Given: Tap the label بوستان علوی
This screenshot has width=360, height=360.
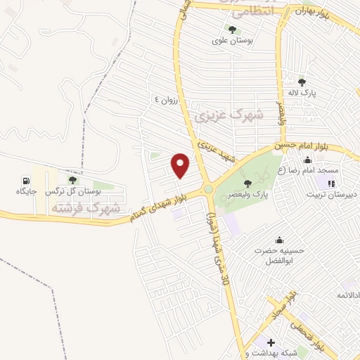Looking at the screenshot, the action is tap(232, 41).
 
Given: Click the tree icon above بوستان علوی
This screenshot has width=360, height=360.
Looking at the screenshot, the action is tap(232, 30).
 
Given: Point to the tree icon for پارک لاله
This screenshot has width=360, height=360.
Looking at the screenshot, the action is tap(302, 82).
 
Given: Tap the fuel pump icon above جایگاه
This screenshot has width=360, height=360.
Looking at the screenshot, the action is tap(26, 179).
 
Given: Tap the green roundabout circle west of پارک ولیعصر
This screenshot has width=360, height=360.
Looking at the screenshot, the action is tap(208, 189).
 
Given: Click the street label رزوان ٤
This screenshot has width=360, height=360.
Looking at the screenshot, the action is tap(169, 101).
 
